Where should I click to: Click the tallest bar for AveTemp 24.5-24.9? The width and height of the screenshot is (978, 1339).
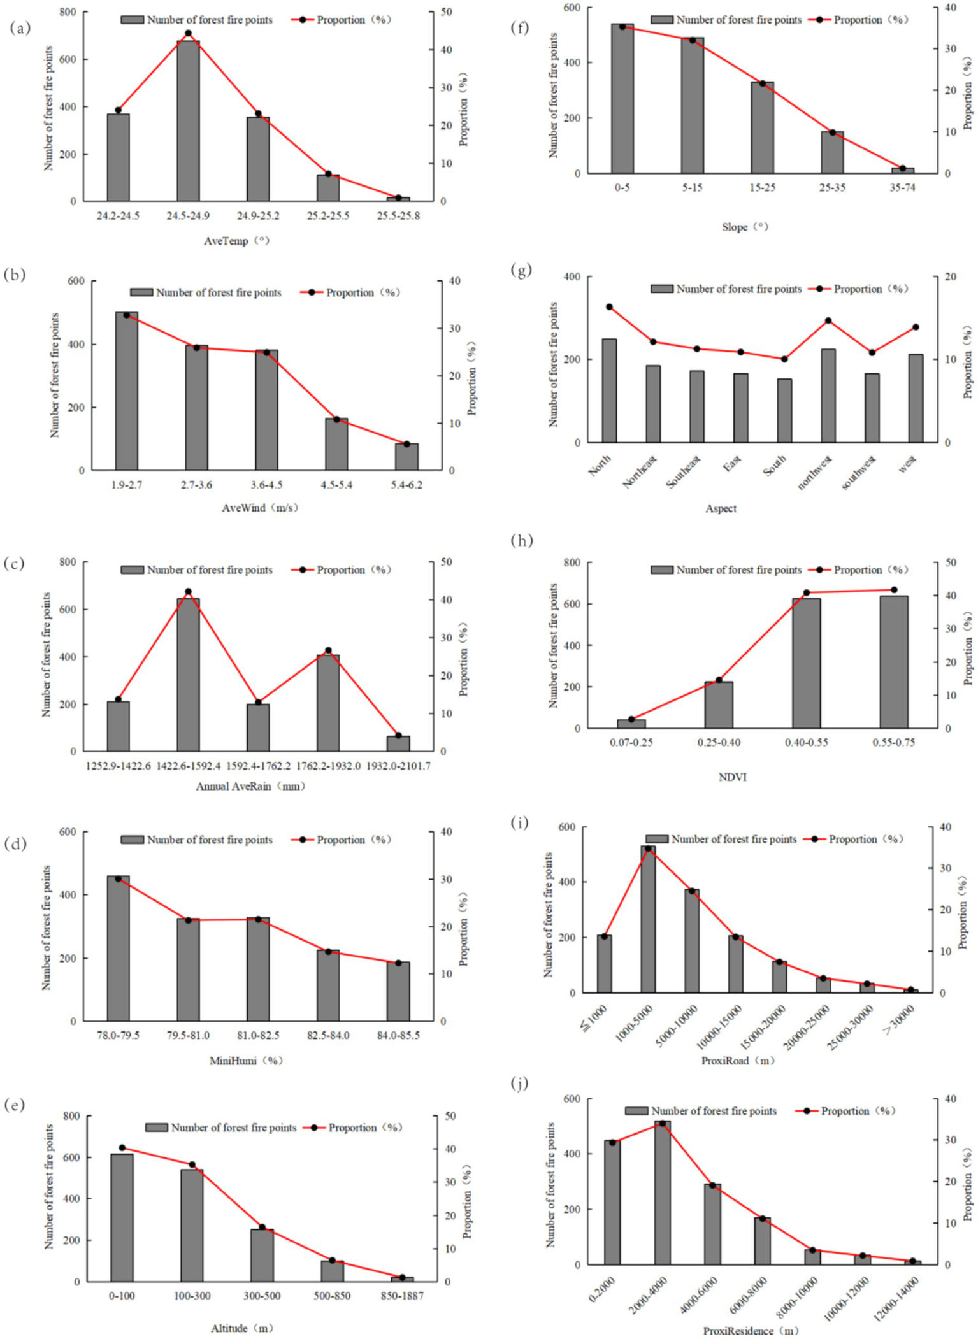click(x=188, y=121)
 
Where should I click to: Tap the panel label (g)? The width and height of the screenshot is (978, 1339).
click(x=521, y=270)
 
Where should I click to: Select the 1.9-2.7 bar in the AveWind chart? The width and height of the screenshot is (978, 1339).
click(x=126, y=391)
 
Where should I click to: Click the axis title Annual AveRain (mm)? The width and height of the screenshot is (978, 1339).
click(x=250, y=786)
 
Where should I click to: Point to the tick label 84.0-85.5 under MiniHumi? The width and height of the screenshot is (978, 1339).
click(x=398, y=1035)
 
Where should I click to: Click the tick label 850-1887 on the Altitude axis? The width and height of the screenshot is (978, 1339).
click(x=402, y=1296)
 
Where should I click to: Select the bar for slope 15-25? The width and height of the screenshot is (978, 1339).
click(x=762, y=127)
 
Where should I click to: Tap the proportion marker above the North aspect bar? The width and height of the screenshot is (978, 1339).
click(x=609, y=307)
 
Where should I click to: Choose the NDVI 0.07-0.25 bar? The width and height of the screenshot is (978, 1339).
click(x=631, y=724)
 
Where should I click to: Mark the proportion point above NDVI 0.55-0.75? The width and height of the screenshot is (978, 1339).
click(x=894, y=590)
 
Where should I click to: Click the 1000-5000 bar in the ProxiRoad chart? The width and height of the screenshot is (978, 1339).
click(x=648, y=919)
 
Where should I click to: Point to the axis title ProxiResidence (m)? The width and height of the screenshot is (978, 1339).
click(x=751, y=1331)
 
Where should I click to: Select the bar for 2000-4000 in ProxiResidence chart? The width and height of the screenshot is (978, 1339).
click(x=663, y=1192)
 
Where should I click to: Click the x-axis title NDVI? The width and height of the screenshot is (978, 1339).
click(x=732, y=777)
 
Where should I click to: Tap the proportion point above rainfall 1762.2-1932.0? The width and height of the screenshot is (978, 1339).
click(x=328, y=650)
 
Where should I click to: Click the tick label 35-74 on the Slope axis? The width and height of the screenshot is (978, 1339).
click(x=902, y=188)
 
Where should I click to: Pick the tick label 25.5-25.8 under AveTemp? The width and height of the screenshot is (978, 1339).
click(x=398, y=216)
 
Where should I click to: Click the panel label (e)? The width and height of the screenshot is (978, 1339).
click(x=14, y=1104)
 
